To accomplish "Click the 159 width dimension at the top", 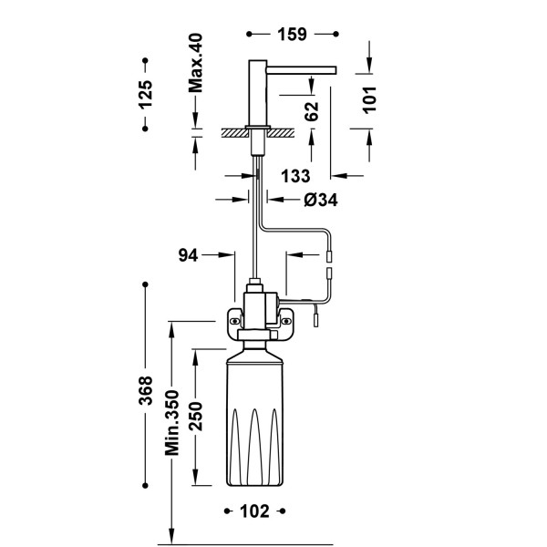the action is tap(292, 35).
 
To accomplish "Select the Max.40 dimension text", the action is tap(195, 63).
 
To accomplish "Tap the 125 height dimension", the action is tap(145, 95).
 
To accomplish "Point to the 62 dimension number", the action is tap(312, 111).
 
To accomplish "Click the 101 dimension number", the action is tap(370, 99).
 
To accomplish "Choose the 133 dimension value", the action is tap(295, 176).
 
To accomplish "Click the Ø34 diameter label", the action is tap(321, 200).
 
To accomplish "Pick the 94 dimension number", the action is tap(188, 255).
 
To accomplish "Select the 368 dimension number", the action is tap(145, 390).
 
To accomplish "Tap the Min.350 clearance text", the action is tap(172, 423).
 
